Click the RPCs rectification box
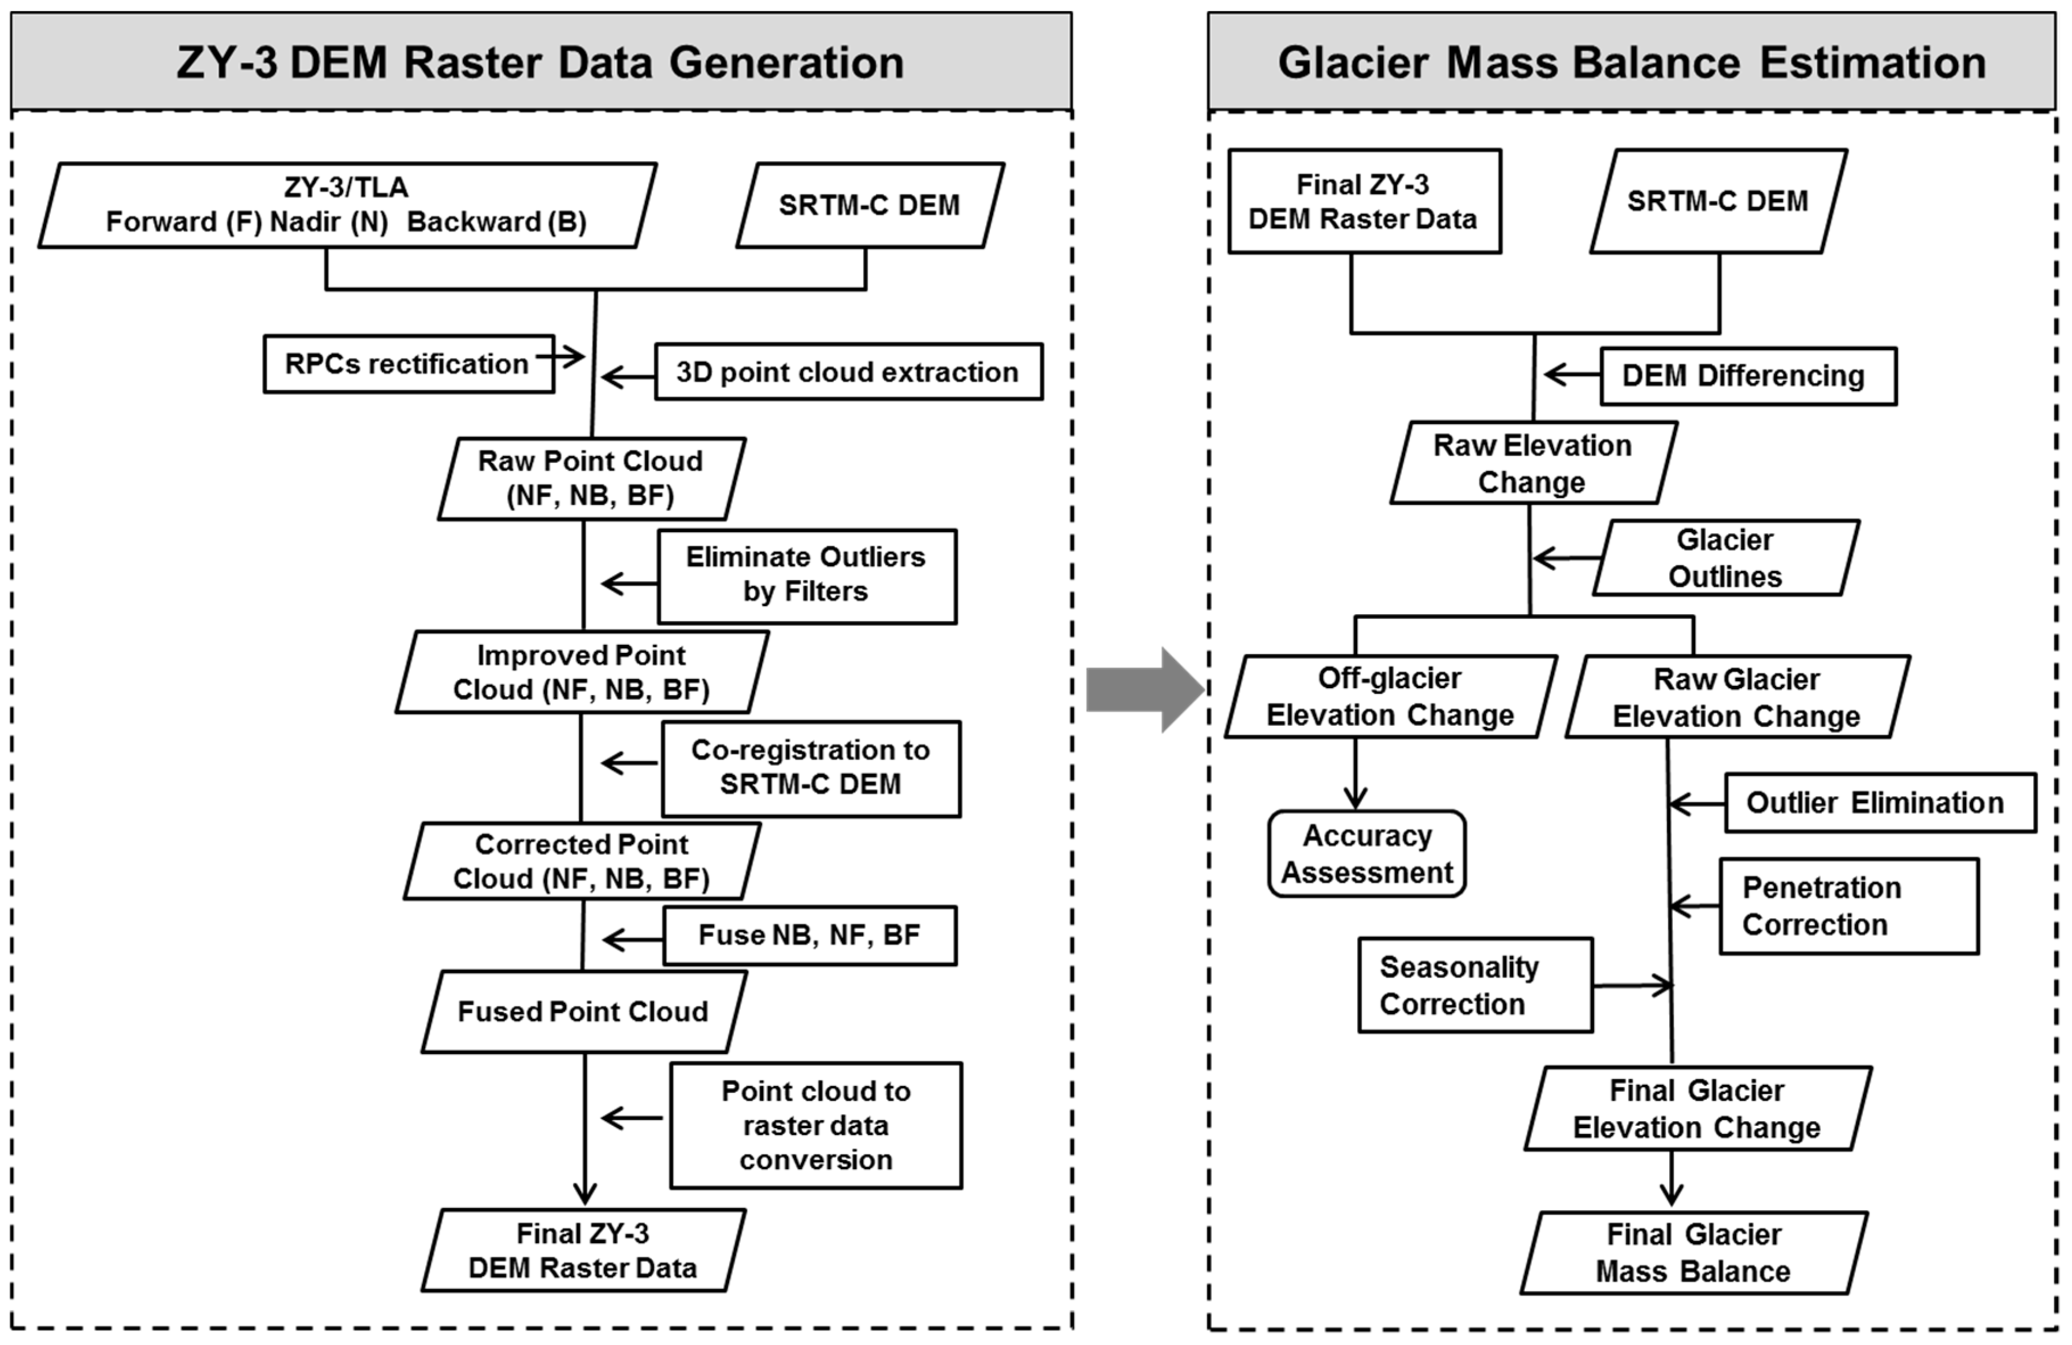point(408,364)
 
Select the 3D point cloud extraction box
point(848,372)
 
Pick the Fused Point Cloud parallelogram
point(583,1011)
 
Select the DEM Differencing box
point(1747,376)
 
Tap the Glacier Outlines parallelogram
point(1725,558)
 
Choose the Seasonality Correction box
point(1476,985)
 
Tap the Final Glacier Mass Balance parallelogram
point(1694,1253)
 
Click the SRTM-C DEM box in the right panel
point(1717,201)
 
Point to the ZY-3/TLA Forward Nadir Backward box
point(347,204)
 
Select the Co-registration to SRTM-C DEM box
point(810,767)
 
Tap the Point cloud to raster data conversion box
point(815,1125)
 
